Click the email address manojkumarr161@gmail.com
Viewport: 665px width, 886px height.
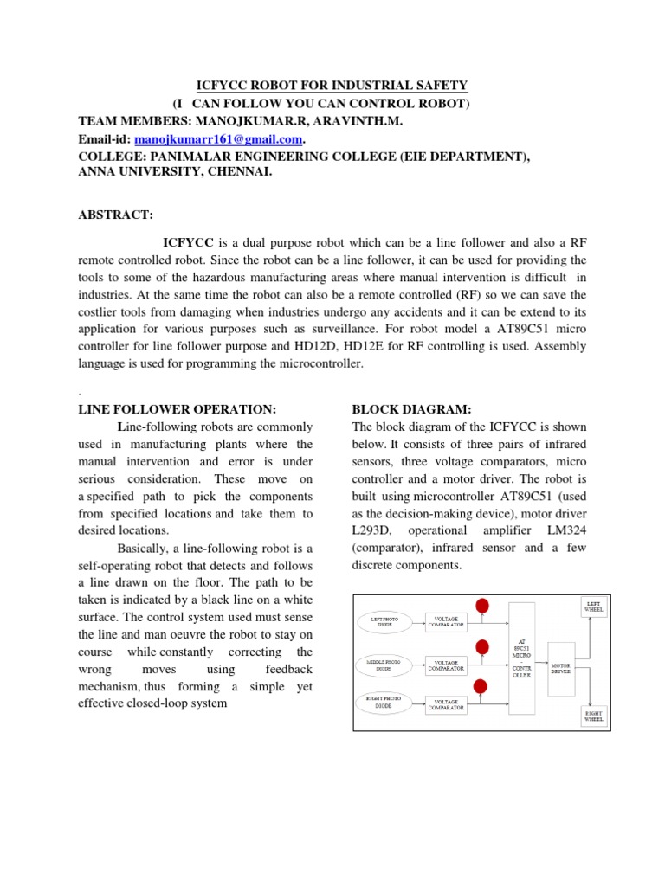[x=217, y=139]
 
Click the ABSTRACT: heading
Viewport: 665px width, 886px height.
[x=116, y=214]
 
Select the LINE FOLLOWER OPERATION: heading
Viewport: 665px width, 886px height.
[x=178, y=408]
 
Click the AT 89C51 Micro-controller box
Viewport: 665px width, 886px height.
[x=523, y=661]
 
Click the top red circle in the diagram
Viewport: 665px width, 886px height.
[x=482, y=606]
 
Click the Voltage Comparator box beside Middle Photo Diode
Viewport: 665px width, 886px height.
[x=446, y=664]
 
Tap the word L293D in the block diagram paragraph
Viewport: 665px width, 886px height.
[x=372, y=530]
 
